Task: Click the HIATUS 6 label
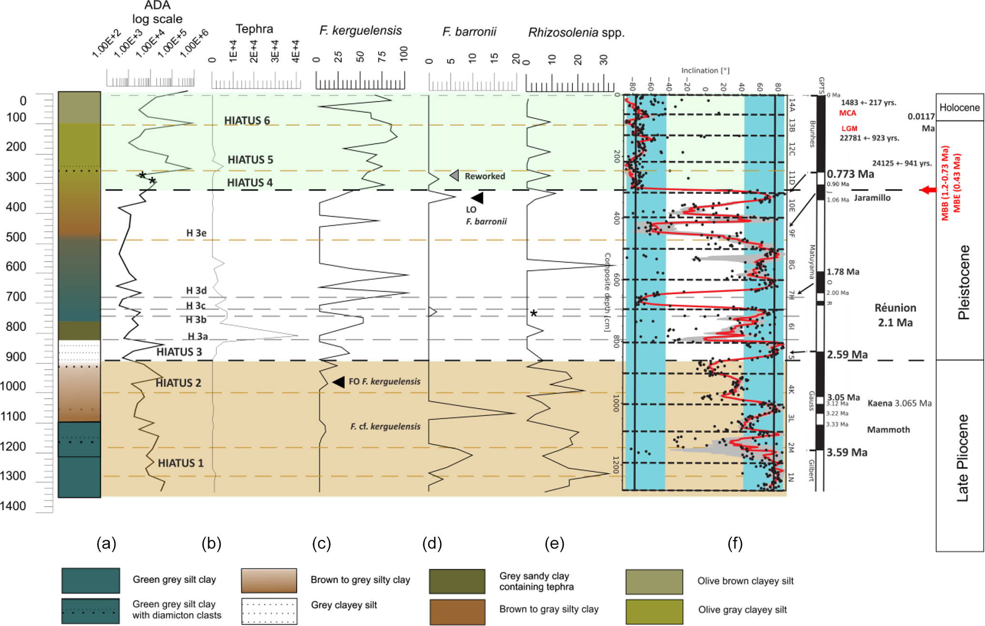click(x=247, y=121)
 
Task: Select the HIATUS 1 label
click(x=181, y=463)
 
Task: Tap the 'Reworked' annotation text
click(x=485, y=176)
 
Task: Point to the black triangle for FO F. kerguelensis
click(x=339, y=382)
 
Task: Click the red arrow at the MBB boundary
click(x=927, y=190)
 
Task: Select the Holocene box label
click(x=959, y=108)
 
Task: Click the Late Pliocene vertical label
click(x=963, y=458)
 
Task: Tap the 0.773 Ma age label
click(x=850, y=174)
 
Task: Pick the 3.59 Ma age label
click(x=847, y=453)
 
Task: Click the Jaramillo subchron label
click(x=872, y=198)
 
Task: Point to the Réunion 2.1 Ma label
click(x=895, y=315)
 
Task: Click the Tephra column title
click(x=254, y=29)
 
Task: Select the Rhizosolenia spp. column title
click(x=576, y=32)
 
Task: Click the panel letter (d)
click(x=432, y=544)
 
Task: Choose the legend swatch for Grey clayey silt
click(x=269, y=611)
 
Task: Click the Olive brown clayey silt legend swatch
click(x=654, y=582)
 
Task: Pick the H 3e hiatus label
click(x=196, y=233)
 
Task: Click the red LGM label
click(x=849, y=129)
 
